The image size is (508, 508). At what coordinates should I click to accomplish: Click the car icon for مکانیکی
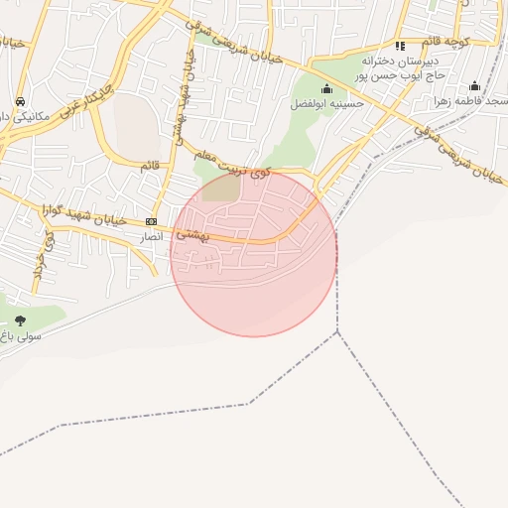tap(20, 101)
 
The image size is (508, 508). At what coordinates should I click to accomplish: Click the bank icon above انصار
tap(151, 221)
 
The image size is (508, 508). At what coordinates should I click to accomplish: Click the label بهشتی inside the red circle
tap(192, 234)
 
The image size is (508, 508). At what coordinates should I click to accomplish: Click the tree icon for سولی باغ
tap(20, 320)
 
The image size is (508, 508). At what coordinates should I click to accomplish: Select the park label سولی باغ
tap(21, 337)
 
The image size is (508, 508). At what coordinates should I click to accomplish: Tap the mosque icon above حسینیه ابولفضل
tap(326, 89)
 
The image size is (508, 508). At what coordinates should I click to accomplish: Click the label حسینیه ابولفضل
tap(327, 103)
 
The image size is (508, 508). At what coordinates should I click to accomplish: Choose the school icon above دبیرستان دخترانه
tap(400, 46)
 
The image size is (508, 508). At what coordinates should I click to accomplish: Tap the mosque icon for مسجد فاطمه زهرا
tap(474, 86)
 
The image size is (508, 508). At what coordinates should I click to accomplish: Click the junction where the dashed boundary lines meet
tap(337, 331)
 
